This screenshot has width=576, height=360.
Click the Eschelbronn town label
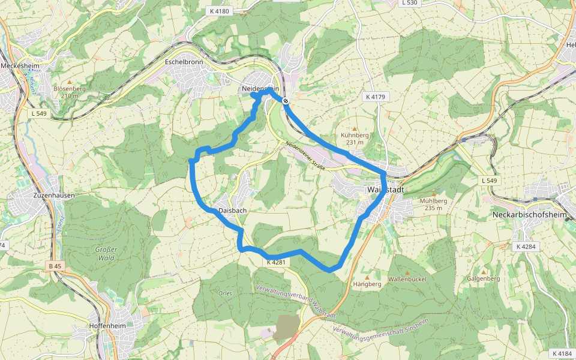(x=184, y=62)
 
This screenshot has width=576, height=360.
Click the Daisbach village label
(x=233, y=211)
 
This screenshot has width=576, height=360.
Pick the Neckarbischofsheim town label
(x=530, y=214)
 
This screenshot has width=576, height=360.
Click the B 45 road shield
(x=55, y=266)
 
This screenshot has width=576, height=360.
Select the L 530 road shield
(x=410, y=3)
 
